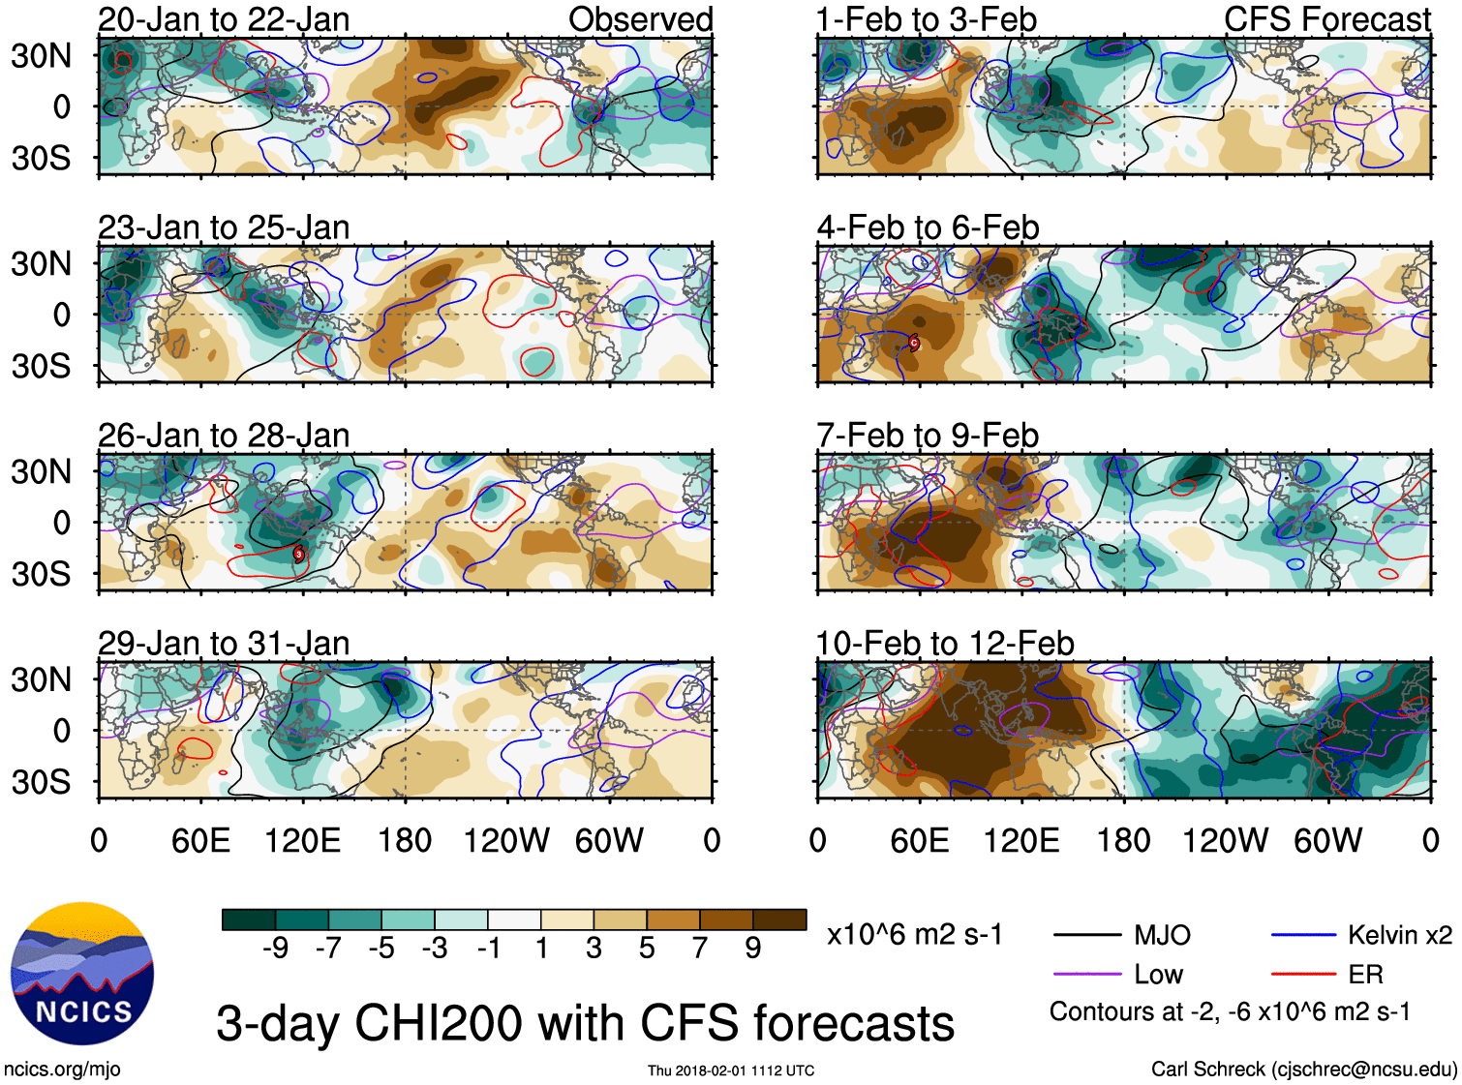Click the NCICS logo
tap(82, 973)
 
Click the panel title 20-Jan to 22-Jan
tap(224, 19)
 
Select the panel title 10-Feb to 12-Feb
tap(945, 644)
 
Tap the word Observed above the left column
tap(640, 19)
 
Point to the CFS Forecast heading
tap(1326, 19)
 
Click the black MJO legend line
tap(1088, 935)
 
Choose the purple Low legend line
tap(1088, 975)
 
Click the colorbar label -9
tap(275, 948)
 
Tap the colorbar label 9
tap(753, 948)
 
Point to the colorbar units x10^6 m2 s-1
tap(914, 935)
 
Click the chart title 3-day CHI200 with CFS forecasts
tap(585, 1023)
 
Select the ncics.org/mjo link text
tap(62, 1069)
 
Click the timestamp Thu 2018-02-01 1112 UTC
tap(731, 1070)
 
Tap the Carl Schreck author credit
tap(1303, 1069)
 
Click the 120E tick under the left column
tap(303, 840)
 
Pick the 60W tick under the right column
tap(1327, 840)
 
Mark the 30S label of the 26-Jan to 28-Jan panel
tap(41, 574)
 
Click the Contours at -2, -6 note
tap(1230, 1011)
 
